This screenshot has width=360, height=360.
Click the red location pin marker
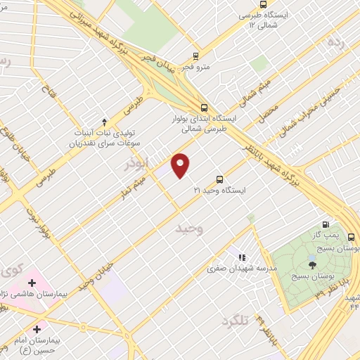pos(181,165)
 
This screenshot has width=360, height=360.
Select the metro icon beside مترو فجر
pos(196,56)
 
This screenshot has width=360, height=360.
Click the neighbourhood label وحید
pos(190,229)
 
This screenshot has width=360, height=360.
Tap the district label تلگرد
pos(235,321)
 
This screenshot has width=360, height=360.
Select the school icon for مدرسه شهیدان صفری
pos(243,259)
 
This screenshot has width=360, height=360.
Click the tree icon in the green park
pos(312,264)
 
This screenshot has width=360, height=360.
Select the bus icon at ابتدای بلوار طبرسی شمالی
pos(204,108)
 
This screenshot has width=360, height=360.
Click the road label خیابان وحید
pos(96,273)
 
